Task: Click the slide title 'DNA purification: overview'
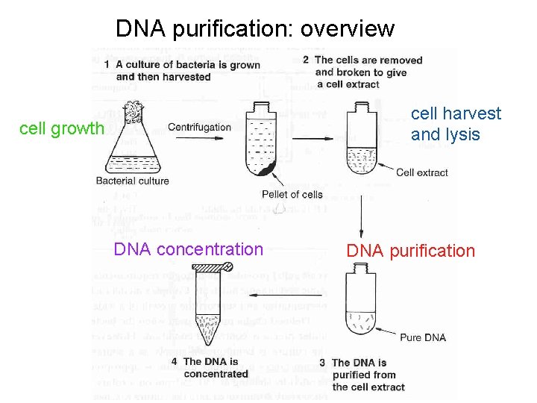[x=254, y=28]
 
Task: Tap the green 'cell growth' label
[x=62, y=128]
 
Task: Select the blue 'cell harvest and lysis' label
[x=456, y=124]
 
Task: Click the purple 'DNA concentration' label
[x=188, y=249]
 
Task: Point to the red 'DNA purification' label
[x=410, y=251]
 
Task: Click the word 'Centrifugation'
[x=199, y=127]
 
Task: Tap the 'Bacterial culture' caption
[x=133, y=181]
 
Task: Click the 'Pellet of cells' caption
[x=292, y=195]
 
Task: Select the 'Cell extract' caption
[x=422, y=172]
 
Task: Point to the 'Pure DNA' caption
[x=423, y=337]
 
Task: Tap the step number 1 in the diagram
[x=108, y=66]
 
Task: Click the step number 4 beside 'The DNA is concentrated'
[x=175, y=362]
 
